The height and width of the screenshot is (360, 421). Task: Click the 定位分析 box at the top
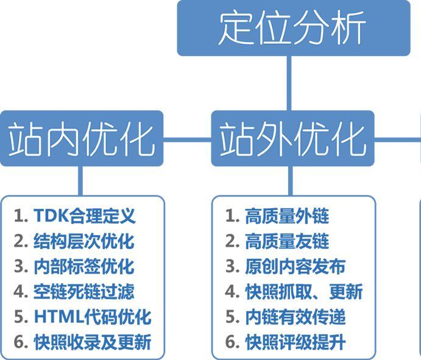(294, 28)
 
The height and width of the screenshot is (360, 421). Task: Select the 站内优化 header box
(82, 138)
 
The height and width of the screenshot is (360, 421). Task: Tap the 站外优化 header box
(293, 138)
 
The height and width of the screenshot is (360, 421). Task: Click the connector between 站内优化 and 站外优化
(188, 139)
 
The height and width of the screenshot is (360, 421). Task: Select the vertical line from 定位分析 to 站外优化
(289, 83)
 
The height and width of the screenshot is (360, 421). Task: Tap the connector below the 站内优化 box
(80, 181)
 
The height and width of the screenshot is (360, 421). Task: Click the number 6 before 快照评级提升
(230, 342)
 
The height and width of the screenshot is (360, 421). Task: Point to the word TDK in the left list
(51, 216)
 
